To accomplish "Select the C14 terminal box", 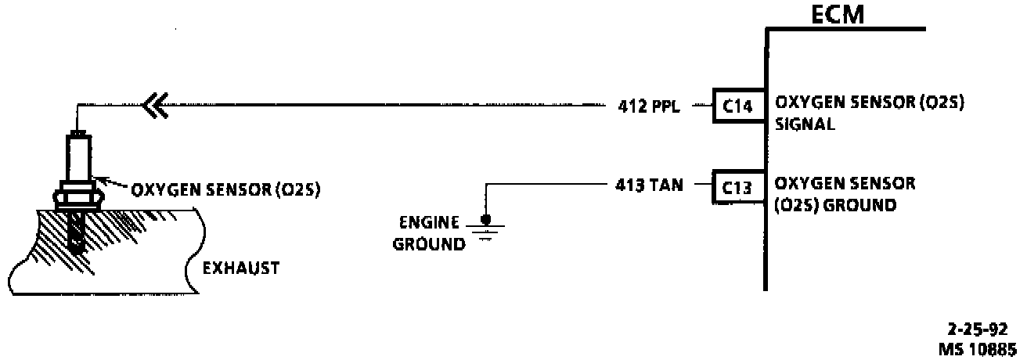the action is pyautogui.click(x=737, y=106).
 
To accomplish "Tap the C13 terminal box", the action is pyautogui.click(x=737, y=188).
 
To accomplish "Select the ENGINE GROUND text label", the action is pyautogui.click(x=429, y=232).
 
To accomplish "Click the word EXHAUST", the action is pyautogui.click(x=241, y=268).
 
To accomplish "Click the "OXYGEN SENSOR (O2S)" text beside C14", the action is pyautogui.click(x=869, y=103).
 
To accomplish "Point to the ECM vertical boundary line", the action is pyautogui.click(x=766, y=235).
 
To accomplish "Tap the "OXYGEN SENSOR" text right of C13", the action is pyautogui.click(x=845, y=185).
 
